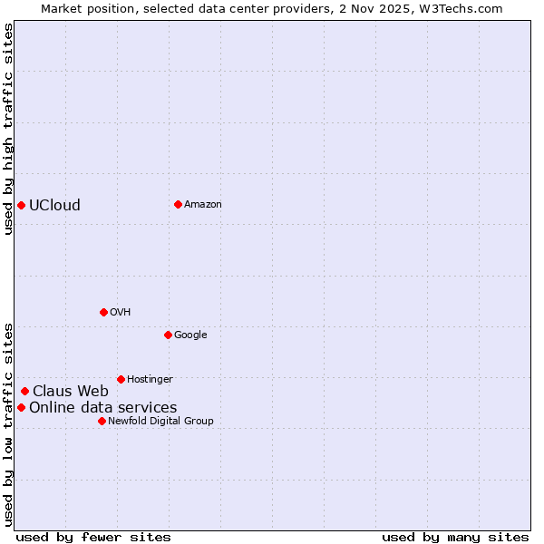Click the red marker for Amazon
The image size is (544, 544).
178,204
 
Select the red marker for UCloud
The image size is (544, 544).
21,205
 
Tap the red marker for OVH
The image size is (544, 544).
103,312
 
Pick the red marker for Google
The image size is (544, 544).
168,335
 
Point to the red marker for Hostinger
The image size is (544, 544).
121,379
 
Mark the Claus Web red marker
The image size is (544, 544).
24,392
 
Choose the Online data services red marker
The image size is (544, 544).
21,407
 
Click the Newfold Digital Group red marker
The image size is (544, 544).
102,421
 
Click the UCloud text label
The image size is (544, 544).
54,205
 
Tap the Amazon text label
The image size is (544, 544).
203,204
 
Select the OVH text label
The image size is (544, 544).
121,312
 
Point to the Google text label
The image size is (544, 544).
190,335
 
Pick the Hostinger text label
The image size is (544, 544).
150,379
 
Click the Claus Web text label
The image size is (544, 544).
71,392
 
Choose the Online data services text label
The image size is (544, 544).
103,407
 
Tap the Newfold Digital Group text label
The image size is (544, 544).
160,421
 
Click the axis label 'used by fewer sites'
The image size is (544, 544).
93,537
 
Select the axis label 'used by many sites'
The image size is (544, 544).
455,537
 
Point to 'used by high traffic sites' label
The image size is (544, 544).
8,129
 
